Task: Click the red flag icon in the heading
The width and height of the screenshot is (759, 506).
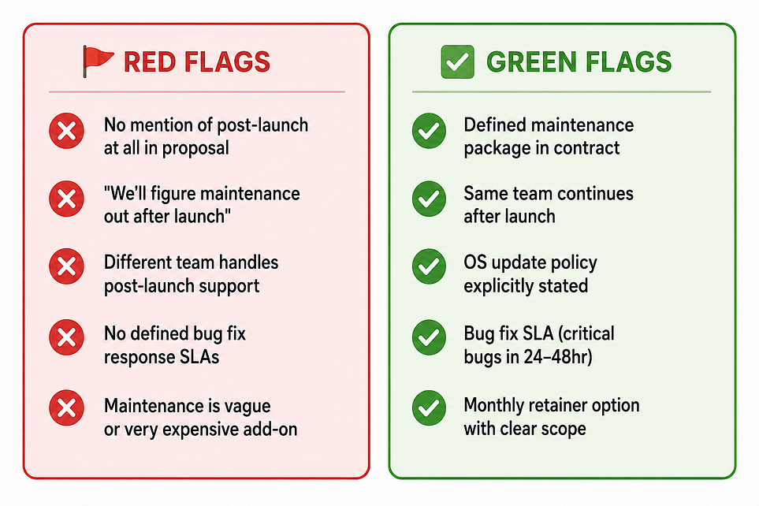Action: pos(97,61)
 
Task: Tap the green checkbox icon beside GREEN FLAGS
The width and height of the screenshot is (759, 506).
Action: pos(457,61)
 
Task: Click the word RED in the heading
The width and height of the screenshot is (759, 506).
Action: pos(150,62)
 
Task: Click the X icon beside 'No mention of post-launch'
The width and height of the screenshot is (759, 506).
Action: pos(66,131)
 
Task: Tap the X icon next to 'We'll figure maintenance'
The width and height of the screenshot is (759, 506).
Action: pos(66,199)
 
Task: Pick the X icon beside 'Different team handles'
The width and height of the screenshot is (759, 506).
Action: pos(66,266)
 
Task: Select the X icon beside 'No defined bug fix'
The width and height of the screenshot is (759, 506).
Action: pos(66,337)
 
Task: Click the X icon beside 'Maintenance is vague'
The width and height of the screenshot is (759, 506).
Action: pos(66,407)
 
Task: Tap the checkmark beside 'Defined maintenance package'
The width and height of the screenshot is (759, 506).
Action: pos(429,131)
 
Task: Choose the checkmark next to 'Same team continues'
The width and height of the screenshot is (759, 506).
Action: pos(429,199)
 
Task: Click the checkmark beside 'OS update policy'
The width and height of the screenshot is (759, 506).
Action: pos(429,266)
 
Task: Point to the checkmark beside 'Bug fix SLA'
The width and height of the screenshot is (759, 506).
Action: pos(429,337)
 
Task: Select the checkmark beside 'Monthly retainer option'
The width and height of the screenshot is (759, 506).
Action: pos(429,407)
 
